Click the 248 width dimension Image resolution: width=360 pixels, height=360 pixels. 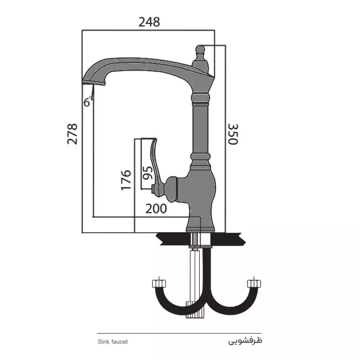149,22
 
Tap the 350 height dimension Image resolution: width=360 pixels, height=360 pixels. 233,134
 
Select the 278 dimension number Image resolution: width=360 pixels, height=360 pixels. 72,134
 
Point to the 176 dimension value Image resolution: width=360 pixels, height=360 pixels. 126,180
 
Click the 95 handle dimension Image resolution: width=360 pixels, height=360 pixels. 148,173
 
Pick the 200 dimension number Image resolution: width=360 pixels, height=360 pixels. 156,209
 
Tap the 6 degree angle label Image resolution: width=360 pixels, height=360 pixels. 87,102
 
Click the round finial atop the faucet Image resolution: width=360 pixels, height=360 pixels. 200,49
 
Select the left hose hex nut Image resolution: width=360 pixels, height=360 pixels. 159,283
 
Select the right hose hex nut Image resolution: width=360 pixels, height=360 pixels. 254,283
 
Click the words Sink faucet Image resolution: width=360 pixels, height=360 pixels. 113,342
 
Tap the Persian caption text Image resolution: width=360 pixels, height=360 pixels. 245,341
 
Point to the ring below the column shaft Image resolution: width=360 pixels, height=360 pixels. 201,157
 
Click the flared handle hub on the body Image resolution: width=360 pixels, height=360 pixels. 171,189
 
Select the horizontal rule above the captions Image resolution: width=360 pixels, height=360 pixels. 179,333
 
